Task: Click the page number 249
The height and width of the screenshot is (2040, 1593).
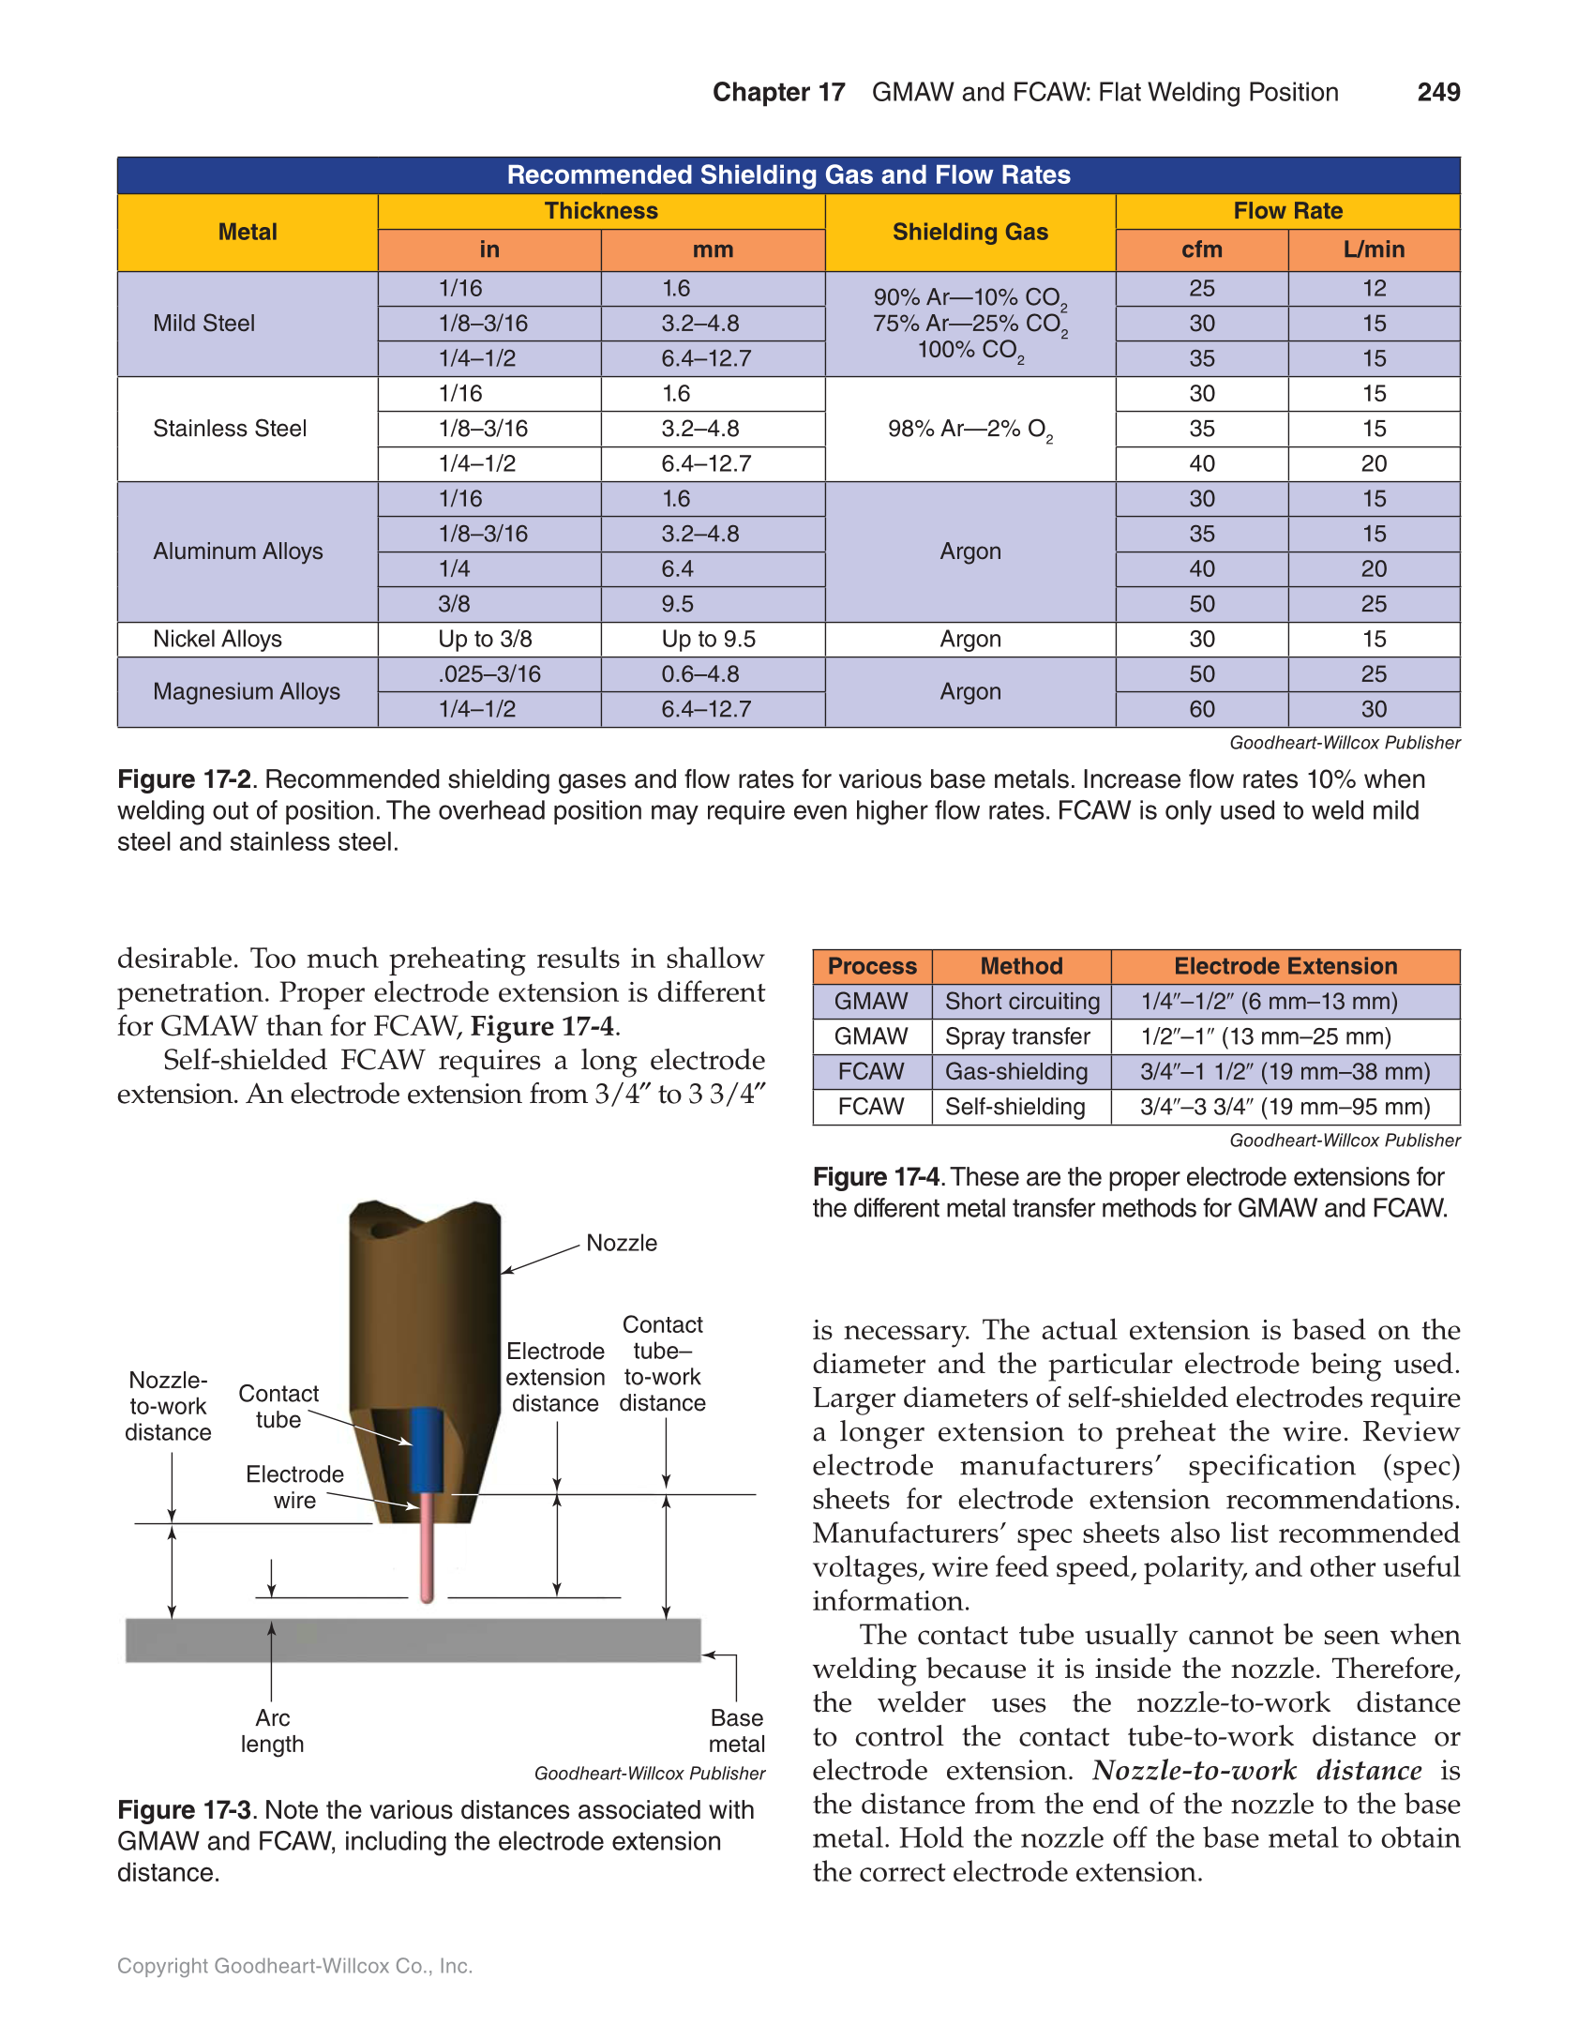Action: [1437, 92]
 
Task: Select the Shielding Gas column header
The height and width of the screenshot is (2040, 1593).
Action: [969, 232]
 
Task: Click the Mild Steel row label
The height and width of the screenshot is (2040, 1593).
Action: [203, 324]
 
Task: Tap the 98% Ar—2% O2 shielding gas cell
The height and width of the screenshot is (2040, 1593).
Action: [969, 430]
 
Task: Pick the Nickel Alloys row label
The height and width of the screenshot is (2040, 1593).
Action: [217, 640]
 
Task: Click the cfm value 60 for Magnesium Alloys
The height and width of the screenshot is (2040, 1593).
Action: [1201, 710]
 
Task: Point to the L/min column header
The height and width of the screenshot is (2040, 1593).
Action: [1373, 249]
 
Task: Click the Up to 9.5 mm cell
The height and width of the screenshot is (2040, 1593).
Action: [708, 640]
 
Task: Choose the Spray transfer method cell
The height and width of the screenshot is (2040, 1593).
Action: [1017, 1036]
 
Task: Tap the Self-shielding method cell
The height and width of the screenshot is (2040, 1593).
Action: [1014, 1107]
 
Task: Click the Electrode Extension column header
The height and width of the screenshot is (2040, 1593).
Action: [1285, 966]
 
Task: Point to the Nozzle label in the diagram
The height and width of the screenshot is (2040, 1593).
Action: [621, 1243]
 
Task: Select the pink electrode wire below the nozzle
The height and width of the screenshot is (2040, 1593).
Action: [428, 1548]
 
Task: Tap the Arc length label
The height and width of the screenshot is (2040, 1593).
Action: [272, 1730]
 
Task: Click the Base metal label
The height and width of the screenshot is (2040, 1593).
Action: [736, 1730]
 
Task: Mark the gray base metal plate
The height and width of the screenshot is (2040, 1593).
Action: [413, 1640]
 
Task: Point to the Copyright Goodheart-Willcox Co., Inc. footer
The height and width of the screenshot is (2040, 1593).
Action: [294, 1966]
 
